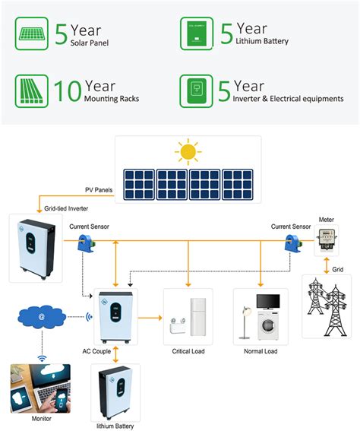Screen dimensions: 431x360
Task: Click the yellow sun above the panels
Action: pyautogui.click(x=187, y=151)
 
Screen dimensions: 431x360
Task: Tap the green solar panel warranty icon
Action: pyautogui.click(x=33, y=34)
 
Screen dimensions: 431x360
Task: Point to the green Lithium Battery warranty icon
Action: pyautogui.click(x=197, y=34)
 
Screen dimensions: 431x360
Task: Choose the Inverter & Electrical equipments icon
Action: pyautogui.click(x=197, y=89)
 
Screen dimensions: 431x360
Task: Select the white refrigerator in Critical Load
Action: pyautogui.click(x=197, y=318)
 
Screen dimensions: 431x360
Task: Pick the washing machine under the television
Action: pyautogui.click(x=267, y=326)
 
